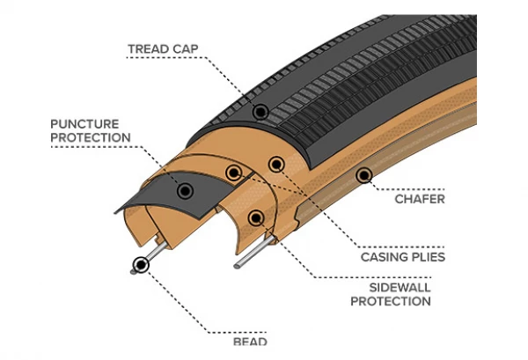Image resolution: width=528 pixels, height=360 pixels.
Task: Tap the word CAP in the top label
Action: [x=182, y=49]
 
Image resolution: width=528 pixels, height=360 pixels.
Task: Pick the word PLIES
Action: [x=427, y=257]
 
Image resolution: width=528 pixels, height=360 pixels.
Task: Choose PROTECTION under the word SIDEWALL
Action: [x=391, y=301]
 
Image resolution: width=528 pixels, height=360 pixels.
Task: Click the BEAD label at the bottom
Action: [x=250, y=341]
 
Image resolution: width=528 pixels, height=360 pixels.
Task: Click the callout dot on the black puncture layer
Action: [x=184, y=190]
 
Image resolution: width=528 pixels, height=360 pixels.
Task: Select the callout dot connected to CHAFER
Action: [x=363, y=178]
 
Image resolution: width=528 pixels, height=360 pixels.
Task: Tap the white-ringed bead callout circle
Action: [x=140, y=264]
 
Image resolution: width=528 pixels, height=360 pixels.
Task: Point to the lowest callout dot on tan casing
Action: [x=255, y=217]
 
